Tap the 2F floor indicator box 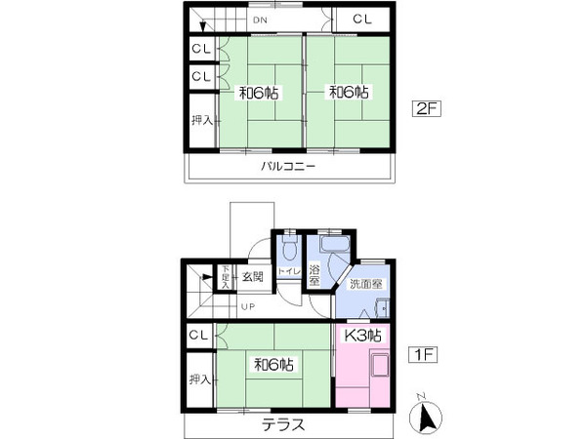428,109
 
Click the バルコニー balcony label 287,167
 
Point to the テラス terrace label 282,425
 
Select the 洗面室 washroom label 367,283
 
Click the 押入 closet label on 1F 200,379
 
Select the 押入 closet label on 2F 200,121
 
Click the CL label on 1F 199,337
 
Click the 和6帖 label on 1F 273,365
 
